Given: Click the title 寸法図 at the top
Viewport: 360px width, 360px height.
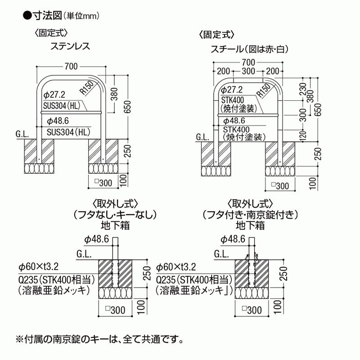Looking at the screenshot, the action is click(x=48, y=16).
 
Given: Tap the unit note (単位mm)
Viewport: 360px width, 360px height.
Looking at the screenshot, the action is click(x=81, y=16).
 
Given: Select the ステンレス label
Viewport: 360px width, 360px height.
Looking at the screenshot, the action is click(x=70, y=46).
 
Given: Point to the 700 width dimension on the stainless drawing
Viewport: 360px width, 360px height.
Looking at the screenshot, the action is click(x=71, y=66).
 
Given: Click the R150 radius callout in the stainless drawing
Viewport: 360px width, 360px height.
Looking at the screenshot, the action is click(x=87, y=88).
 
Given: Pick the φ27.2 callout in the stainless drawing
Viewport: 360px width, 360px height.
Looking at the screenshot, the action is click(x=54, y=94).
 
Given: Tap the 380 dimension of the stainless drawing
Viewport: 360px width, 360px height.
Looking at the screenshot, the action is click(x=114, y=94).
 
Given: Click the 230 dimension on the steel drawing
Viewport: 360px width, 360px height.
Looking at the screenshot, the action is click(x=303, y=89).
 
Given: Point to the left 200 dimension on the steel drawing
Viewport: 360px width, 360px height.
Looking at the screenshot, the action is click(x=223, y=71).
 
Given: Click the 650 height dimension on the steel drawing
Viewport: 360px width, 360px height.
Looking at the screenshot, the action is click(x=318, y=110).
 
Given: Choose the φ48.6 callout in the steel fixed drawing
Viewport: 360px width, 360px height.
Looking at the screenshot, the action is click(x=234, y=121).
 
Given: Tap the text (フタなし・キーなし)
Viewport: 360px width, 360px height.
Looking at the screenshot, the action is click(x=115, y=215).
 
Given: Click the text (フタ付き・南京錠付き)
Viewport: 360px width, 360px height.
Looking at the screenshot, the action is click(x=250, y=215).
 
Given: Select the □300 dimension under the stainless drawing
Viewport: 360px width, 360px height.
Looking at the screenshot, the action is click(x=103, y=183).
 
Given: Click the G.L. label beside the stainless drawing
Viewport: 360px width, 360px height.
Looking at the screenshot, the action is click(x=22, y=134).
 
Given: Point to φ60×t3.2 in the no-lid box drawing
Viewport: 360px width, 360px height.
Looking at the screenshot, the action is click(x=39, y=267).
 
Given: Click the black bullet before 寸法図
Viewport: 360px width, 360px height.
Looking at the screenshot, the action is click(x=27, y=16).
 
